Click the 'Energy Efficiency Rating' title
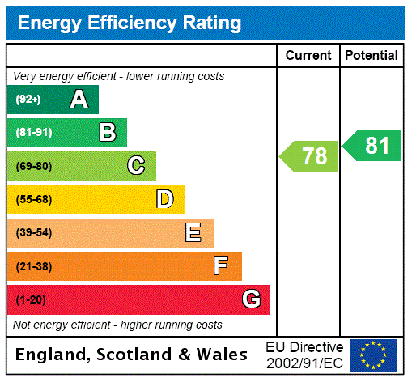tap(130, 23)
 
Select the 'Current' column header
tap(308, 56)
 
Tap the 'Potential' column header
tap(372, 56)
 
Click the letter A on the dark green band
tap(79, 100)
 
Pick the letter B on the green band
tap(108, 133)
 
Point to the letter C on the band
tap(136, 166)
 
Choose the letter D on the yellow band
tap(165, 199)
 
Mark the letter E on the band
tap(193, 233)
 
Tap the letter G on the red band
tap(251, 299)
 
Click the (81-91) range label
tap(33, 133)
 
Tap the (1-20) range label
tap(31, 300)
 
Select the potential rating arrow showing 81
tap(372, 146)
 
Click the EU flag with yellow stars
tap(373, 355)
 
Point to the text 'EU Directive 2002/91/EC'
tap(304, 355)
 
